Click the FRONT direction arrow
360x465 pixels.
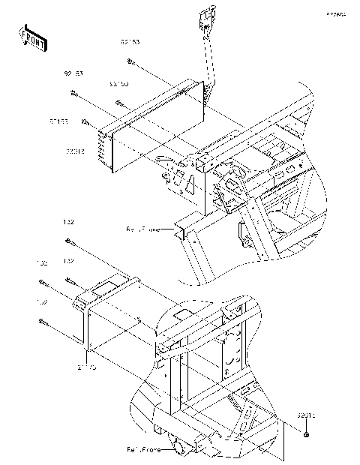click(32, 37)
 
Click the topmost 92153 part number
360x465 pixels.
click(129, 43)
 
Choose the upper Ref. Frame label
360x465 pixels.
click(143, 229)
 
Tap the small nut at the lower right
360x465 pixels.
click(307, 435)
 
